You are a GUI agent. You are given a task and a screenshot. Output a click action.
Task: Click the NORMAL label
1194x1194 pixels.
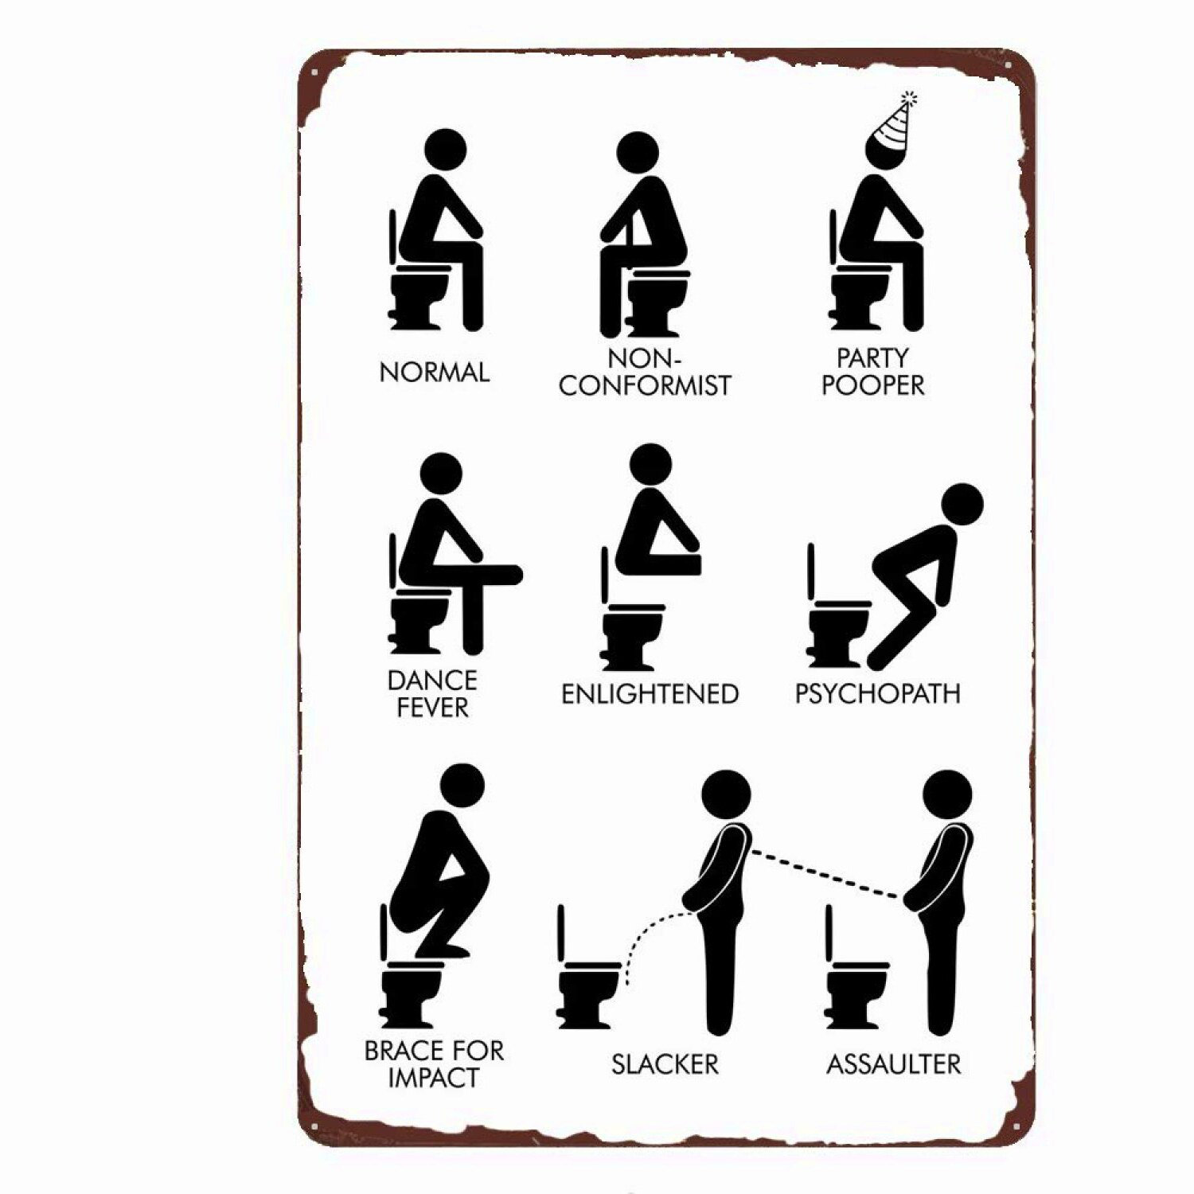tap(434, 373)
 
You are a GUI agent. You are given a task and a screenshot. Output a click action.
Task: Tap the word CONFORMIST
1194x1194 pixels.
tap(645, 386)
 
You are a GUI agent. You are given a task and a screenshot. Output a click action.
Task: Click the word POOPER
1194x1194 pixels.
tap(873, 385)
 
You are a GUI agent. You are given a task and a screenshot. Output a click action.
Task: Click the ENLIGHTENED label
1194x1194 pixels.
tap(650, 694)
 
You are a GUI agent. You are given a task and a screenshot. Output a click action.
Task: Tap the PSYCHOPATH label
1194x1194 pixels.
tap(877, 693)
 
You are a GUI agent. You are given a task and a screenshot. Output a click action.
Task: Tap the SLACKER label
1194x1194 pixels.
tap(665, 1064)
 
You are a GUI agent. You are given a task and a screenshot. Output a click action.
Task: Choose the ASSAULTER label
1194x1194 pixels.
tap(893, 1064)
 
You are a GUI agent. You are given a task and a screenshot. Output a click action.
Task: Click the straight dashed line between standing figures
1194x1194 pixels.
tap(828, 874)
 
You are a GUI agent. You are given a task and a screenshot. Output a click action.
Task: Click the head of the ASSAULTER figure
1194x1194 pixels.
tap(947, 794)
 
